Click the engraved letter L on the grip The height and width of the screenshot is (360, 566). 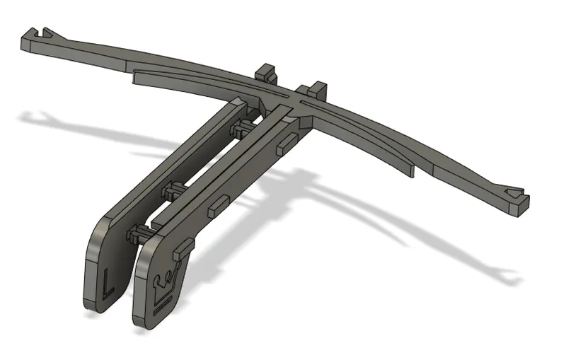click(x=107, y=281)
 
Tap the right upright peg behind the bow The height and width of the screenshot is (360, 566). click(x=312, y=90)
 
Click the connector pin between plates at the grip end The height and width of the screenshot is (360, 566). click(x=140, y=234)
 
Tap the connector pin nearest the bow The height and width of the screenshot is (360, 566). click(x=243, y=127)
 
